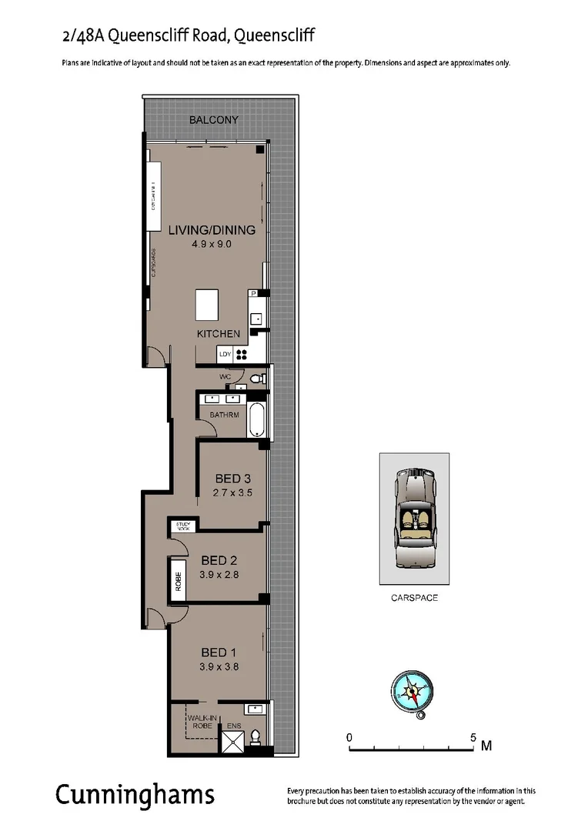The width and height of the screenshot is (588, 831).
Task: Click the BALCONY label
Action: pyautogui.click(x=214, y=120)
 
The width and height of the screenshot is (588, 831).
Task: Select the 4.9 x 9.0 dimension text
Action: pyautogui.click(x=212, y=244)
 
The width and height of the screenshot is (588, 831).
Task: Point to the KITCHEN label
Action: pyautogui.click(x=219, y=334)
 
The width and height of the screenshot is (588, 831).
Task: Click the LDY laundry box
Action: pyautogui.click(x=225, y=355)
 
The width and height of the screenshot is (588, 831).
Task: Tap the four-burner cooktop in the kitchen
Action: pyautogui.click(x=241, y=355)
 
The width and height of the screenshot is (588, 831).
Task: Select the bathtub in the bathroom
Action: pyautogui.click(x=256, y=419)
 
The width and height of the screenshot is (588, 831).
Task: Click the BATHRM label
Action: pyautogui.click(x=224, y=415)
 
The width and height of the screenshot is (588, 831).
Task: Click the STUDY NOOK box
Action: pyautogui.click(x=183, y=526)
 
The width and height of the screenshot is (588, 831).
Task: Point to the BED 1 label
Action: pyautogui.click(x=219, y=653)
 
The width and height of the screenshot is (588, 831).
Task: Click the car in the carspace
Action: pyautogui.click(x=414, y=519)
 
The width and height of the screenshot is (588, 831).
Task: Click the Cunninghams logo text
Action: pyautogui.click(x=135, y=795)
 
